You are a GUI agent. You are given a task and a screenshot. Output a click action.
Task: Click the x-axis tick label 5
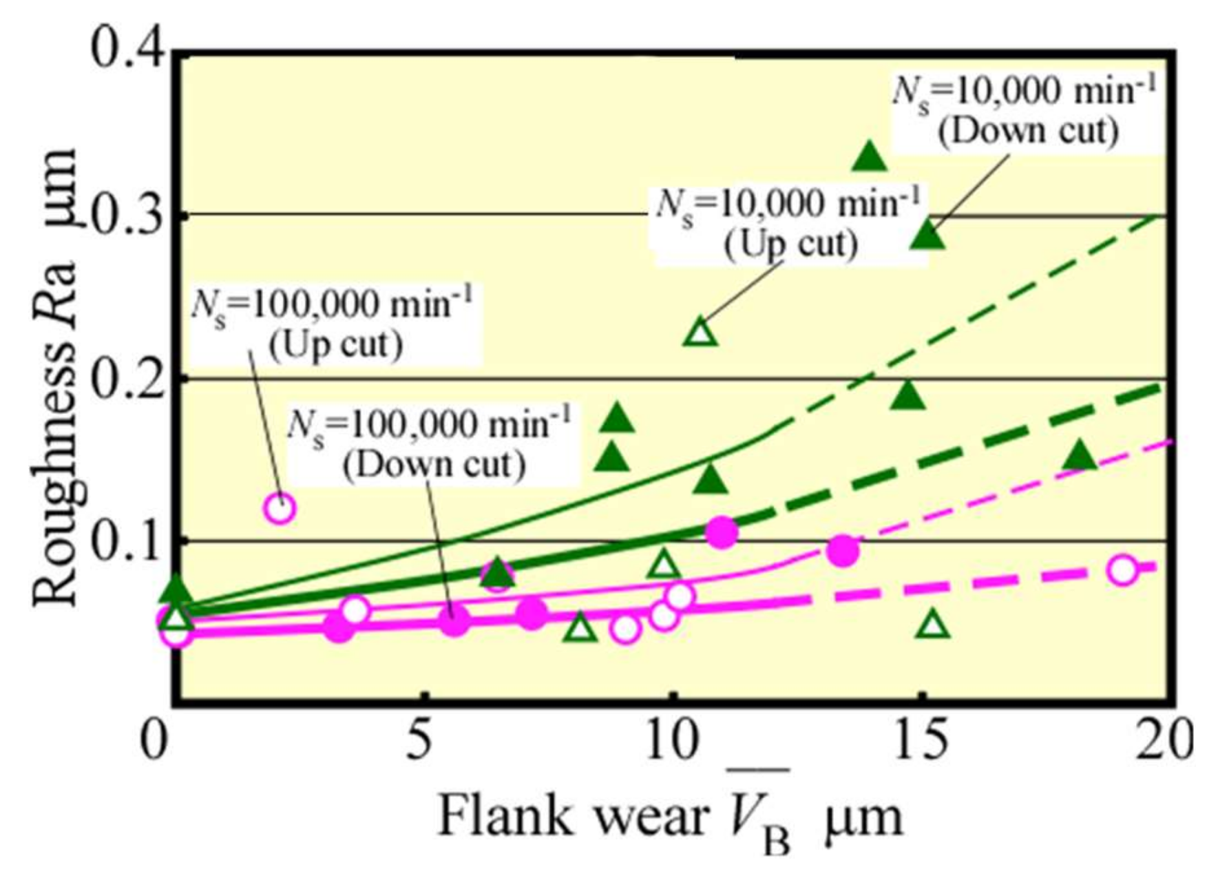[419, 740]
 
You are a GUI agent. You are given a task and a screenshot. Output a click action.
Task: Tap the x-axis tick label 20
[1163, 740]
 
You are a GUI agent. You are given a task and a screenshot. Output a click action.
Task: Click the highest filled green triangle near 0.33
[870, 157]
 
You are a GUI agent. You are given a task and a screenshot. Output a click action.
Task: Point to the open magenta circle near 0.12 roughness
[280, 509]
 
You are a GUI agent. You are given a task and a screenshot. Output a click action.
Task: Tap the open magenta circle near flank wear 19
[1122, 570]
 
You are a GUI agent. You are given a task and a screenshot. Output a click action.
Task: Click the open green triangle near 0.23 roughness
[701, 333]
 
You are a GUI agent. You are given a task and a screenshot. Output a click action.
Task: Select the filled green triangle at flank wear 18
[1079, 457]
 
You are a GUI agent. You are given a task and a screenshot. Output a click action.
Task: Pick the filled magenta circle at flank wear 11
[721, 532]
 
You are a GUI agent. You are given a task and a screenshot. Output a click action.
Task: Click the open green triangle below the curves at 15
[933, 625]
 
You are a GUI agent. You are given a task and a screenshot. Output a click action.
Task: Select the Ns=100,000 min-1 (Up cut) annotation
[333, 324]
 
